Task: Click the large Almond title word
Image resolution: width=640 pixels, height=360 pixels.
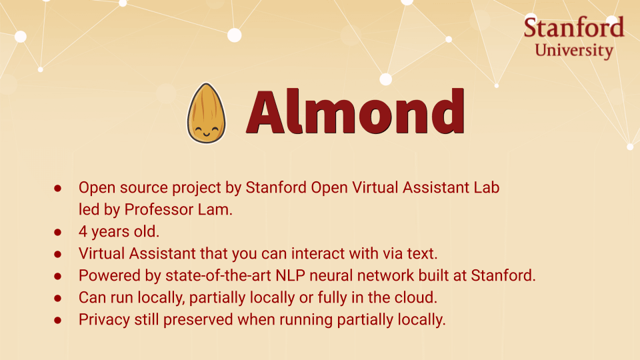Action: point(355,111)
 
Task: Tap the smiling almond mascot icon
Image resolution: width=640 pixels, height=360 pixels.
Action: point(206,113)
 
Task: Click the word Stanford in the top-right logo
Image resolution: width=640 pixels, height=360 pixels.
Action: point(573,28)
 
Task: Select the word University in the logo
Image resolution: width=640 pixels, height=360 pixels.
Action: point(574,50)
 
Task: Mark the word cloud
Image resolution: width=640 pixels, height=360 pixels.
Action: point(418,297)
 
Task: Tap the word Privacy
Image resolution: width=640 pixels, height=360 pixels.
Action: point(103,319)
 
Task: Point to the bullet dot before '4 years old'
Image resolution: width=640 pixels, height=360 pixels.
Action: point(58,232)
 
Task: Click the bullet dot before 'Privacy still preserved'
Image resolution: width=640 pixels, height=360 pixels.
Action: point(58,320)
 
